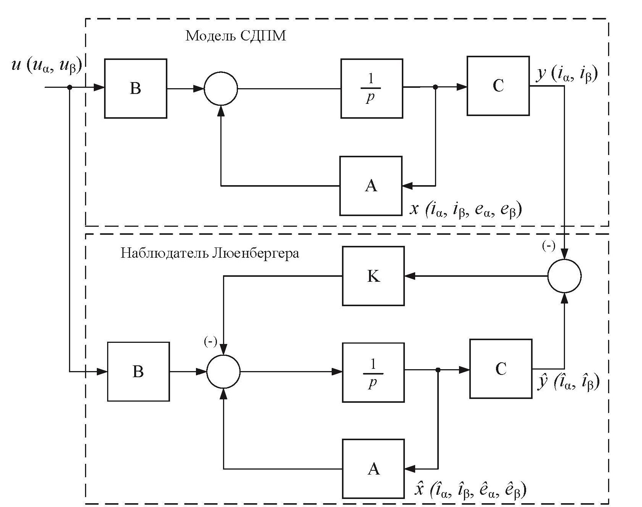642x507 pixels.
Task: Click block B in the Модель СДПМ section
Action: point(135,88)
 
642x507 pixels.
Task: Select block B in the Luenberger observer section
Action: point(138,371)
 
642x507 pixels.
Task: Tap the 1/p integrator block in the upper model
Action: point(371,88)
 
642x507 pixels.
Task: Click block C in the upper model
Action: point(498,86)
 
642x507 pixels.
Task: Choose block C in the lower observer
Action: point(501,369)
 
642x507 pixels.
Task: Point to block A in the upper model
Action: point(371,186)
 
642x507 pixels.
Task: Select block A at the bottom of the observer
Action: point(373,469)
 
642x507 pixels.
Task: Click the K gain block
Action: point(373,276)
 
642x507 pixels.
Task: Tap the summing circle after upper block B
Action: point(221,88)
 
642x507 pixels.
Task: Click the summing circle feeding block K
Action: point(564,276)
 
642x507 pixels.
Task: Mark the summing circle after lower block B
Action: point(223,371)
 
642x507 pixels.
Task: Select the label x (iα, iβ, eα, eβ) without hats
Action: point(465,209)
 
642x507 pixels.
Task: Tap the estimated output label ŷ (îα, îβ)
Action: point(568,382)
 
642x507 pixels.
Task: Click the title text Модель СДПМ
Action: point(235,36)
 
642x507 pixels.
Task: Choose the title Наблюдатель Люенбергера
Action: point(210,253)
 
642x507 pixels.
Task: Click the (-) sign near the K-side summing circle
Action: point(549,246)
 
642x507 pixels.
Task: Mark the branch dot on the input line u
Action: point(69,87)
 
